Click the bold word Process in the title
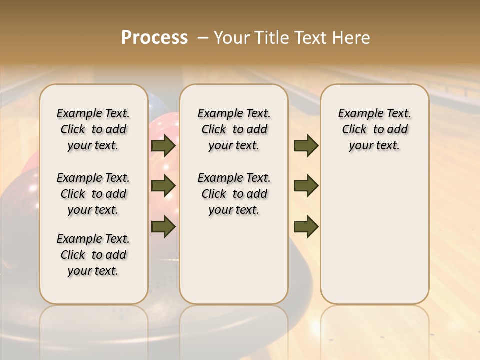(x=154, y=38)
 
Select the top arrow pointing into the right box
(x=306, y=146)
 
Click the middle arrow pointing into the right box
(x=306, y=186)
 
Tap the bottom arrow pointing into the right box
(x=306, y=226)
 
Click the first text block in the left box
(x=93, y=129)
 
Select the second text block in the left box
(x=93, y=194)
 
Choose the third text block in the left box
(x=93, y=255)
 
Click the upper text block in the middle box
(x=234, y=129)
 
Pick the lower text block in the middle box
(x=234, y=194)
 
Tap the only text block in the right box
(x=374, y=129)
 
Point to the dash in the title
(x=203, y=38)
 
